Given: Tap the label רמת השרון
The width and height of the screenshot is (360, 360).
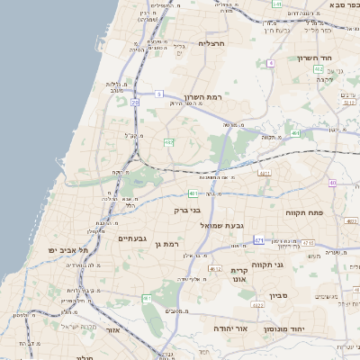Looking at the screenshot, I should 202,96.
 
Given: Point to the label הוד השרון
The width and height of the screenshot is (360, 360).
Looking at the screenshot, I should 316,58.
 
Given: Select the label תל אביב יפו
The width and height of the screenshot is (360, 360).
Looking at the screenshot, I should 68,250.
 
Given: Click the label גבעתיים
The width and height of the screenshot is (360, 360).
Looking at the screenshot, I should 132,238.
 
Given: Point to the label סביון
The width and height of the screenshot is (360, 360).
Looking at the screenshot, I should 277,294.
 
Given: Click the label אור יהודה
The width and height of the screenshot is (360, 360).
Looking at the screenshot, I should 229,329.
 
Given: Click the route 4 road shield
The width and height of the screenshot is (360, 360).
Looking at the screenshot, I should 270,63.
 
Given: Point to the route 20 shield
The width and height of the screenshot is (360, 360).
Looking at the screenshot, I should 135,103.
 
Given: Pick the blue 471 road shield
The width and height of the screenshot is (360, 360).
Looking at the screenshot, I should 258,240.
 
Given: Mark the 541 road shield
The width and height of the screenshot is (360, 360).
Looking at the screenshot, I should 276,4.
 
